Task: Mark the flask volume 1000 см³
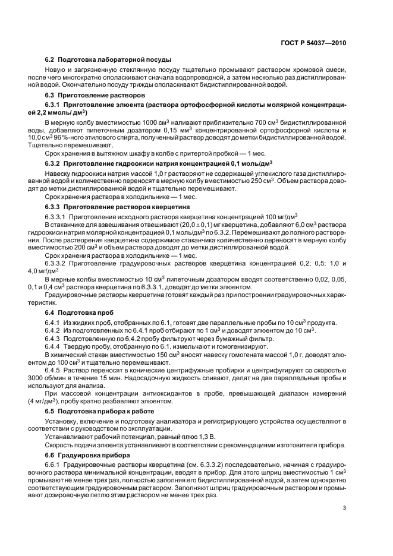[137, 122]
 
